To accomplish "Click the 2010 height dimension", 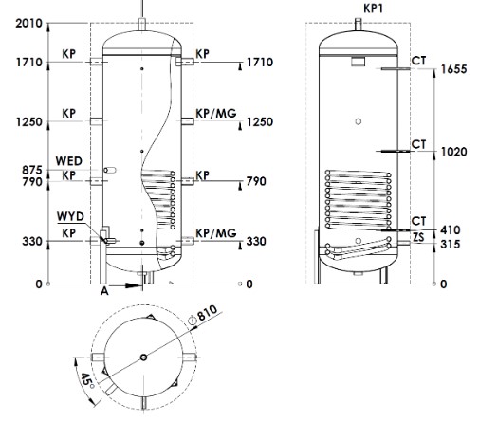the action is click(x=28, y=23).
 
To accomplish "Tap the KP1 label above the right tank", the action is click(x=373, y=9).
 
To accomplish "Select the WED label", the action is click(x=69, y=161).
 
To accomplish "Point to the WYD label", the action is click(x=70, y=216).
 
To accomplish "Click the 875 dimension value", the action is click(x=32, y=171).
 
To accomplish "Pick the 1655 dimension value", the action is click(x=454, y=69).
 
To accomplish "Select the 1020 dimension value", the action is click(x=454, y=152).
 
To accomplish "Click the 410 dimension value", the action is click(x=451, y=229).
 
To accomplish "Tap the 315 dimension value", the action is click(x=451, y=244).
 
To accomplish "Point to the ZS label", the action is click(x=418, y=237).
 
